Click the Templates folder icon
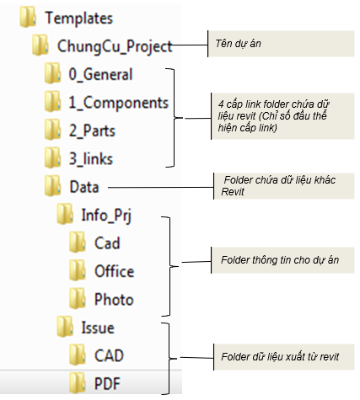pyautogui.click(x=28, y=17)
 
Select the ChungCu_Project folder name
pyautogui.click(x=115, y=46)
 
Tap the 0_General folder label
pyautogui.click(x=100, y=75)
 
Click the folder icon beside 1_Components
pyautogui.click(x=52, y=101)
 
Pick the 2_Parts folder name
pyautogui.click(x=92, y=131)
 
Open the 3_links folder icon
pyautogui.click(x=52, y=157)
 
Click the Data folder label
pyautogui.click(x=84, y=187)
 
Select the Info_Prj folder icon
pyautogui.click(x=65, y=214)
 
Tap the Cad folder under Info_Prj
pyautogui.click(x=107, y=243)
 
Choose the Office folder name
pyautogui.click(x=115, y=271)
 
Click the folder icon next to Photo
pyautogui.click(x=78, y=298)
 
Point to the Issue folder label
pyautogui.click(x=98, y=328)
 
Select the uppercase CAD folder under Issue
pyautogui.click(x=109, y=355)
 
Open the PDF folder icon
pyautogui.click(x=78, y=382)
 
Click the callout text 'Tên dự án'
pyautogui.click(x=238, y=44)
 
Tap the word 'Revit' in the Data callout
pyautogui.click(x=233, y=192)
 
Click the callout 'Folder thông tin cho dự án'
pyautogui.click(x=280, y=260)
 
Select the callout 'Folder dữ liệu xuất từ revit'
pyautogui.click(x=280, y=357)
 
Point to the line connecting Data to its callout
pyautogui.click(x=161, y=188)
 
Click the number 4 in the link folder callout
pyautogui.click(x=221, y=104)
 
